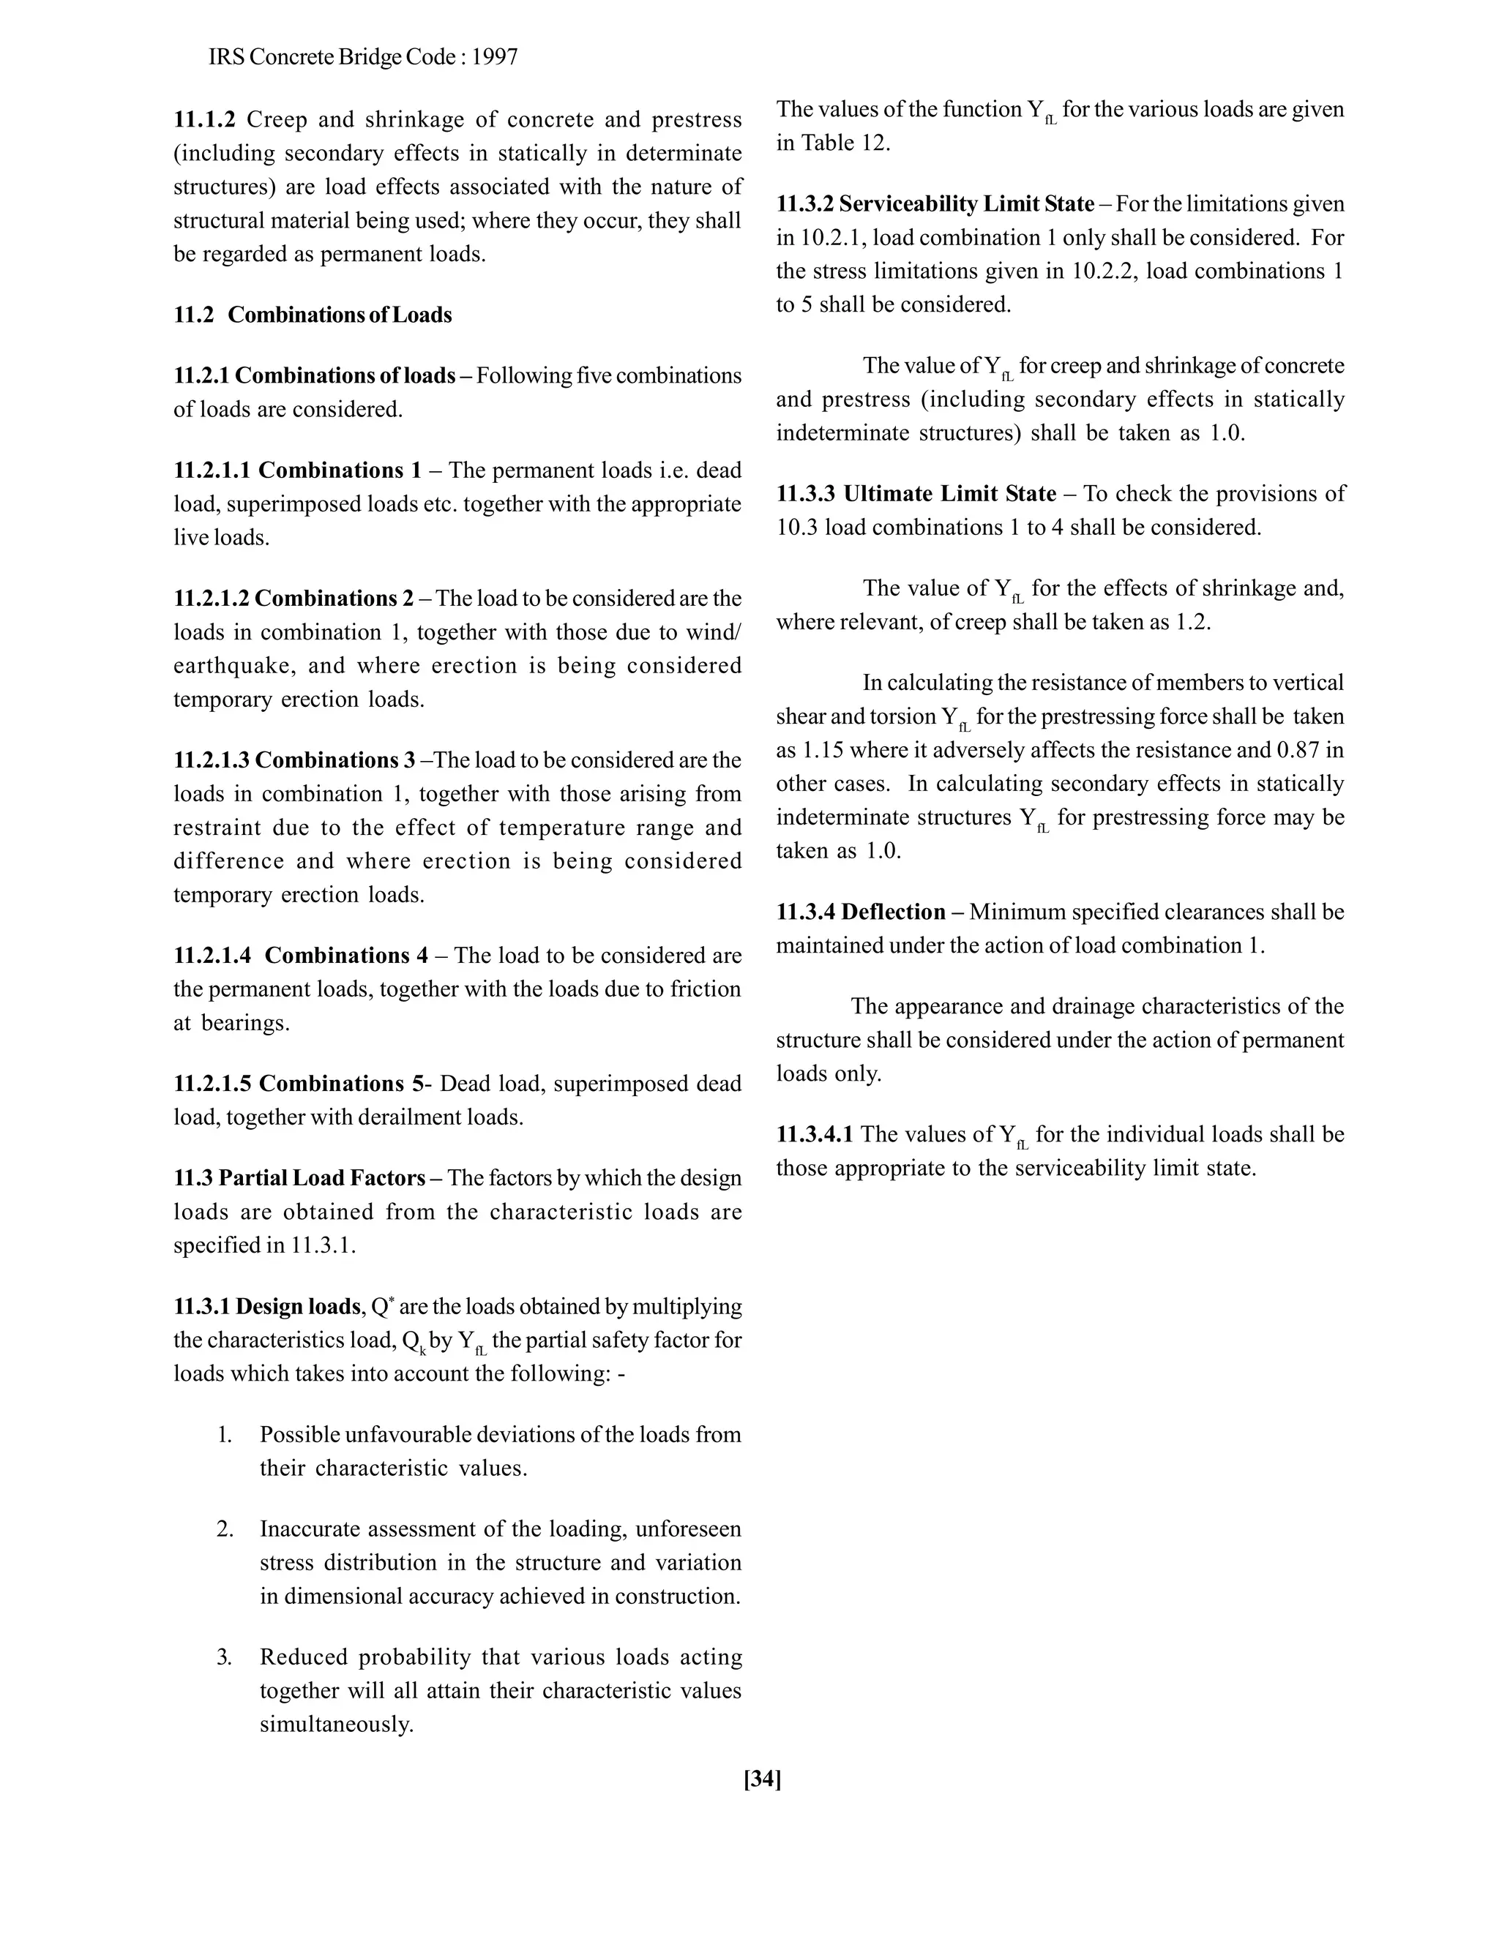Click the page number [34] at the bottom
click(762, 1779)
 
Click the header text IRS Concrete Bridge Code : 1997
click(363, 58)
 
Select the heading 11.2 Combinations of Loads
click(313, 315)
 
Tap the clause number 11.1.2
click(204, 120)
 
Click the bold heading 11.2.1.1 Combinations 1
click(296, 470)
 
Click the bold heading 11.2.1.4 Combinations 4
click(300, 956)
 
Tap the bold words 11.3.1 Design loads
click(266, 1307)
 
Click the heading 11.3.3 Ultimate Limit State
click(916, 494)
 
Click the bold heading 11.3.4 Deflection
click(861, 912)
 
